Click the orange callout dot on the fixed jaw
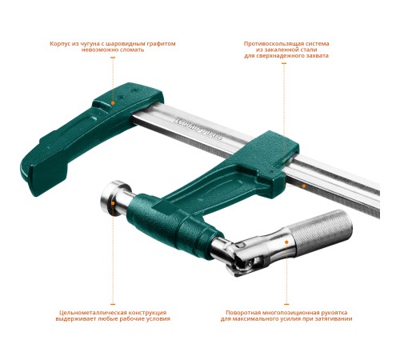[x=113, y=102]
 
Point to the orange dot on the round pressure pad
[x=113, y=203]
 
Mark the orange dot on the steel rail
[x=304, y=186]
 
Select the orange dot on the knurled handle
[x=286, y=242]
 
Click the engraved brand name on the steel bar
[x=198, y=129]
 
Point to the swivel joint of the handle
[x=242, y=257]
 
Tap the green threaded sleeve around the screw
[x=170, y=226]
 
